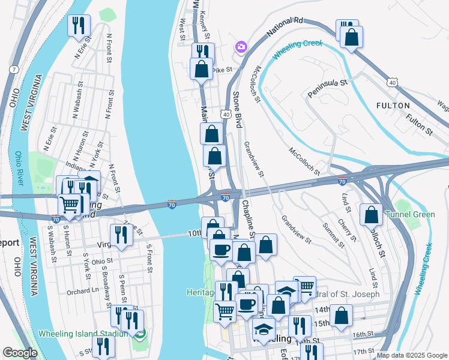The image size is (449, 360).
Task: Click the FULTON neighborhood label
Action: click(393, 106)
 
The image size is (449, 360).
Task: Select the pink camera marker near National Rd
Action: click(241, 47)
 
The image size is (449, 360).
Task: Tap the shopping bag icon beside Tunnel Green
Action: click(372, 214)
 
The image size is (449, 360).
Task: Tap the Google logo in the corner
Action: click(20, 353)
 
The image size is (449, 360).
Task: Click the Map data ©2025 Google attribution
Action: click(412, 355)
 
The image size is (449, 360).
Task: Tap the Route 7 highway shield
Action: click(13, 70)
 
